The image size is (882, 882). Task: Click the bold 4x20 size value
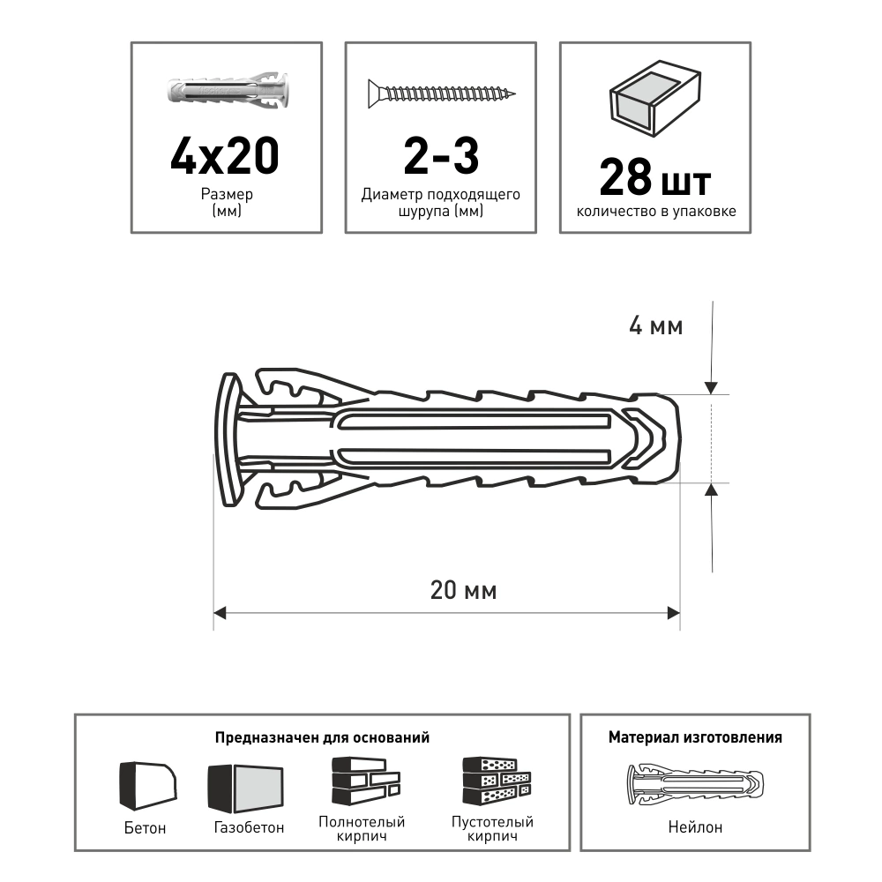(x=224, y=155)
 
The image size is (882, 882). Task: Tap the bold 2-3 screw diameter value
(x=441, y=155)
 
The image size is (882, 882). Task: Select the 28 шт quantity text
(x=655, y=178)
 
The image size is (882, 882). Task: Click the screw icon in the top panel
(x=442, y=93)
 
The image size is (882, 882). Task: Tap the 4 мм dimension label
(x=656, y=326)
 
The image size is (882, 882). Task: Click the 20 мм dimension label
(x=464, y=591)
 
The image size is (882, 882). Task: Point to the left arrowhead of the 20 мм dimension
(x=220, y=613)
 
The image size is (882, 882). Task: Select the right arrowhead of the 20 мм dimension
(x=674, y=613)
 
